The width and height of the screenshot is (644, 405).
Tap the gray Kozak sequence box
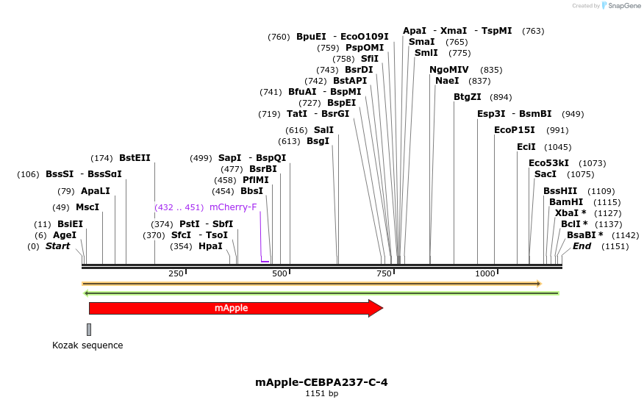[89, 329]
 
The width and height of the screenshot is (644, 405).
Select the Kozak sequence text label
[87, 345]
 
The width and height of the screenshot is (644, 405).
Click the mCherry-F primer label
[233, 207]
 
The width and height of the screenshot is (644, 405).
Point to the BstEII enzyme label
[135, 158]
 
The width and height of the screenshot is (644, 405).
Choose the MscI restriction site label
[87, 207]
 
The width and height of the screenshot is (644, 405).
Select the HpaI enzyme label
[210, 246]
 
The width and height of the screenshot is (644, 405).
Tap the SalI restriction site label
[323, 130]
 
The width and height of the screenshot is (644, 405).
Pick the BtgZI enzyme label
[468, 97]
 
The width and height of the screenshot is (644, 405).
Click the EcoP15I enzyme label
[511, 130]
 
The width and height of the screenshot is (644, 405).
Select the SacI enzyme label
[545, 174]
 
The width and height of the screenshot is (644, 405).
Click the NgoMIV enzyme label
[449, 70]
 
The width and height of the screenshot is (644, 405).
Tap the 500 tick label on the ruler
[280, 273]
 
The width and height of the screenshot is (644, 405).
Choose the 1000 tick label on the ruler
[485, 273]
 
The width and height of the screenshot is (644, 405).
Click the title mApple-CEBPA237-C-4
[321, 382]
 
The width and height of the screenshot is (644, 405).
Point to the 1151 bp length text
[322, 394]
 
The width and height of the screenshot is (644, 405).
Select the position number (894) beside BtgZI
[501, 97]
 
